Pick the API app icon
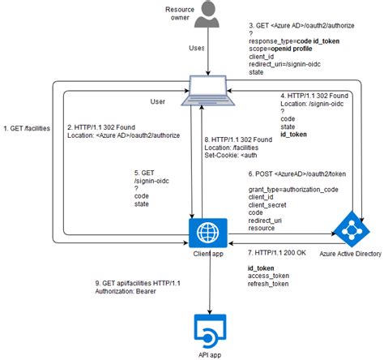209,332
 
